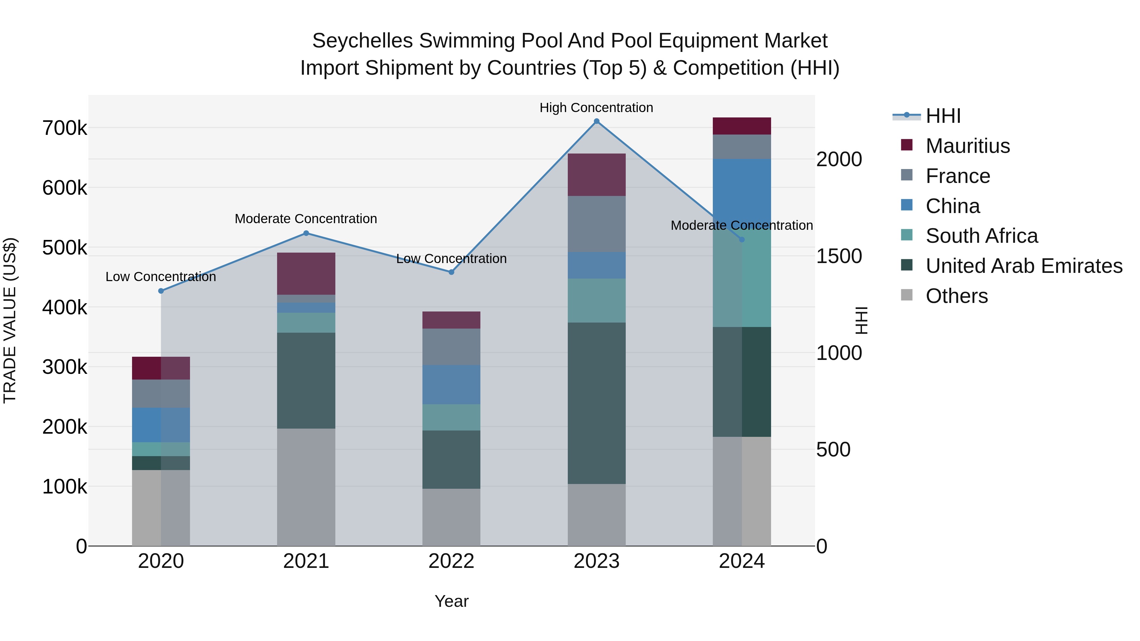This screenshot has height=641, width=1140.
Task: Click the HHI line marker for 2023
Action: [x=597, y=121]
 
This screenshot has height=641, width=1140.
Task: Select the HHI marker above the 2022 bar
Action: [x=451, y=272]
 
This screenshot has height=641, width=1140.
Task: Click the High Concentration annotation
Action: [x=596, y=108]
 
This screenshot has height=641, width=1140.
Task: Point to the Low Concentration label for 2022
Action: [x=451, y=259]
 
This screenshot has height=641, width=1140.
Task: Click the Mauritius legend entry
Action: [x=967, y=146]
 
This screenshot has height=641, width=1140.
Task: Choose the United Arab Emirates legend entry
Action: [x=1023, y=266]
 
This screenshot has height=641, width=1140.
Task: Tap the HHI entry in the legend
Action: [x=943, y=116]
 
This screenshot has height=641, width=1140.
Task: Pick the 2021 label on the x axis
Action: [x=306, y=561]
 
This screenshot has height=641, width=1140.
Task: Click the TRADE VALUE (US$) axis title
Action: [x=10, y=320]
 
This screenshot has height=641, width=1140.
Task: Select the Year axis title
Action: [x=451, y=601]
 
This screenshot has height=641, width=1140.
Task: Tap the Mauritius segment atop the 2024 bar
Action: [x=742, y=126]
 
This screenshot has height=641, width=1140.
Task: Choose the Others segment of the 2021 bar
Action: [x=306, y=487]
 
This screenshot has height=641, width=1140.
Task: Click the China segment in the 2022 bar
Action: [x=451, y=384]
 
